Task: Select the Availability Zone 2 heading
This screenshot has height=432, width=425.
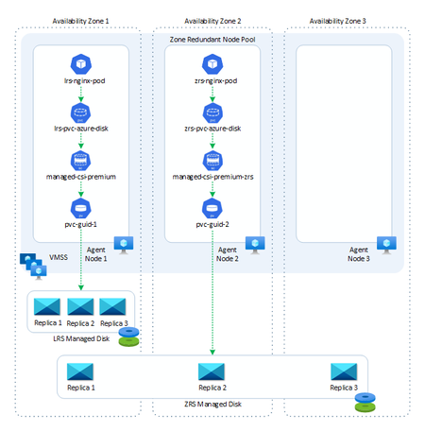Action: tap(212, 20)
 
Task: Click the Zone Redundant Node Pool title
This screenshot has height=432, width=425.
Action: tap(212, 40)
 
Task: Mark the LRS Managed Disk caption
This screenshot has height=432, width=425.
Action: tap(81, 339)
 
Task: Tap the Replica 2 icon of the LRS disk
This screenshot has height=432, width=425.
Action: tap(81, 306)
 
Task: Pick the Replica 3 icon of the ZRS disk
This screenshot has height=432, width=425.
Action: tap(343, 371)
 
